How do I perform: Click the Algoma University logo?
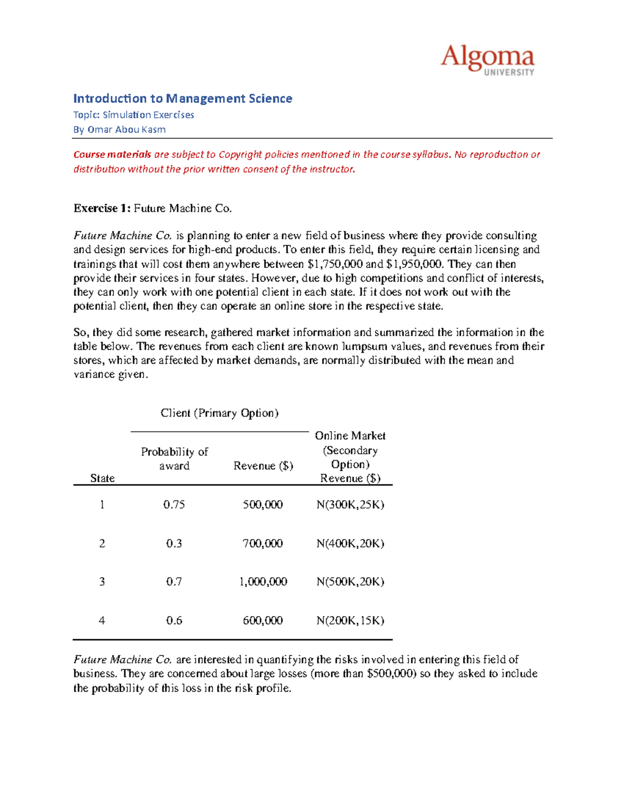click(x=487, y=60)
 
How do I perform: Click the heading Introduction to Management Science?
click(x=183, y=98)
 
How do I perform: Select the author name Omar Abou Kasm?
click(x=126, y=129)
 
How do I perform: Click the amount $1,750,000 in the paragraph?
click(x=335, y=264)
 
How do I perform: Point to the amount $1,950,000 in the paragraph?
click(x=415, y=264)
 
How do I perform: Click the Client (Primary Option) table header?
click(x=219, y=413)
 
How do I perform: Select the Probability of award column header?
click(x=174, y=459)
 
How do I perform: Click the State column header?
click(x=102, y=478)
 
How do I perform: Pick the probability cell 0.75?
click(x=174, y=505)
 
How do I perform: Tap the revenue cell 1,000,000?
click(x=263, y=581)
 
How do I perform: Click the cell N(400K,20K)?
click(x=350, y=544)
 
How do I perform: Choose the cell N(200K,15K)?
click(x=350, y=620)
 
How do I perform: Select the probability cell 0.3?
click(x=174, y=544)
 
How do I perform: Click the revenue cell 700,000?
click(x=263, y=544)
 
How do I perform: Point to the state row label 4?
click(x=102, y=620)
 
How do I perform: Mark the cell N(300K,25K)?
click(x=350, y=505)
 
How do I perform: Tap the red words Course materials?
click(x=112, y=154)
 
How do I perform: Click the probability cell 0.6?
click(x=174, y=620)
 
